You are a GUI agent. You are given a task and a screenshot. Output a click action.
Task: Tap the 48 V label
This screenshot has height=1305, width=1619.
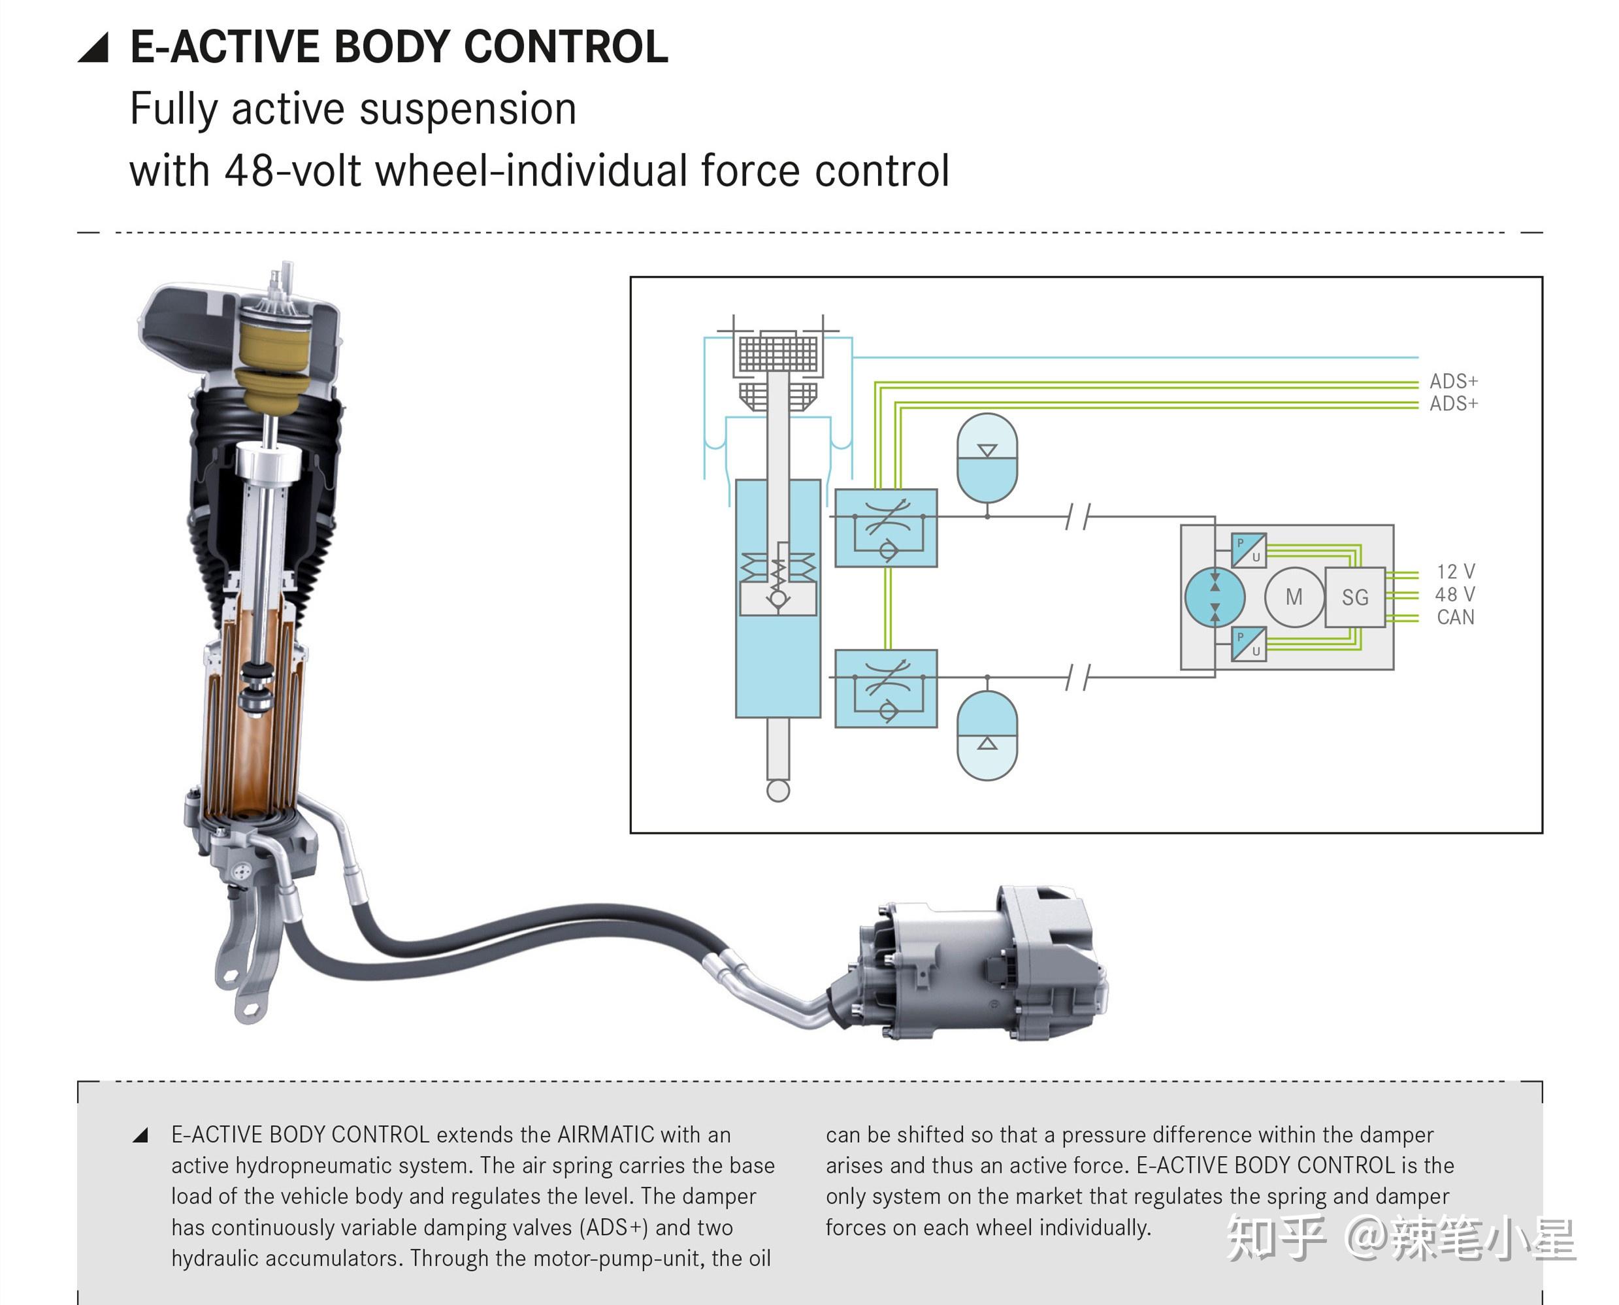click(1454, 595)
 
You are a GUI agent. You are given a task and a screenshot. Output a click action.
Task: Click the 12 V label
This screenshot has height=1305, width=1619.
click(1455, 571)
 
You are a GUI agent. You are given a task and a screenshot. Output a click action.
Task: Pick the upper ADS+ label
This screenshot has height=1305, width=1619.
click(1453, 381)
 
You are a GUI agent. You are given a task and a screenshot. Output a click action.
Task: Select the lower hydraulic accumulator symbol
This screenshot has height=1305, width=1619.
click(987, 735)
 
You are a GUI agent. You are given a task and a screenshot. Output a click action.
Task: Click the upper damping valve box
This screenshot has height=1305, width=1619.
click(886, 528)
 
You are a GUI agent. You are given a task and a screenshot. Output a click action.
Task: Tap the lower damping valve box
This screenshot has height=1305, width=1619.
click(886, 688)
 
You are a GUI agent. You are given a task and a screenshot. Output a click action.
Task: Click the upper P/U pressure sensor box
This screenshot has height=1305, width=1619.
click(1249, 550)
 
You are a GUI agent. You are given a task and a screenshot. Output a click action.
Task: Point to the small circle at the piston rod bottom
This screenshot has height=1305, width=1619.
click(778, 791)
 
